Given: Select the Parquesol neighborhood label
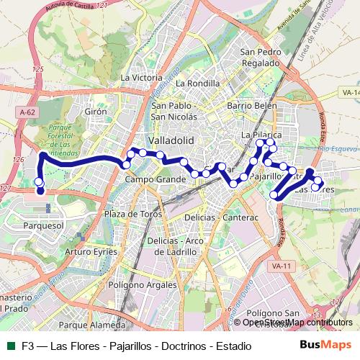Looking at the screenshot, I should tap(44, 225).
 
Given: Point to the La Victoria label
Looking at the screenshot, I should tap(142, 78).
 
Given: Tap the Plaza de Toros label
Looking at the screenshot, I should tap(132, 215).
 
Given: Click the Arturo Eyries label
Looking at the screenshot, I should tap(91, 252).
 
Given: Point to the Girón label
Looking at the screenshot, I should tap(96, 112).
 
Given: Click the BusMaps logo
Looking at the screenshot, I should tap(325, 346).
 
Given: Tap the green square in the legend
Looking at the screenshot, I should tap(11, 346).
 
